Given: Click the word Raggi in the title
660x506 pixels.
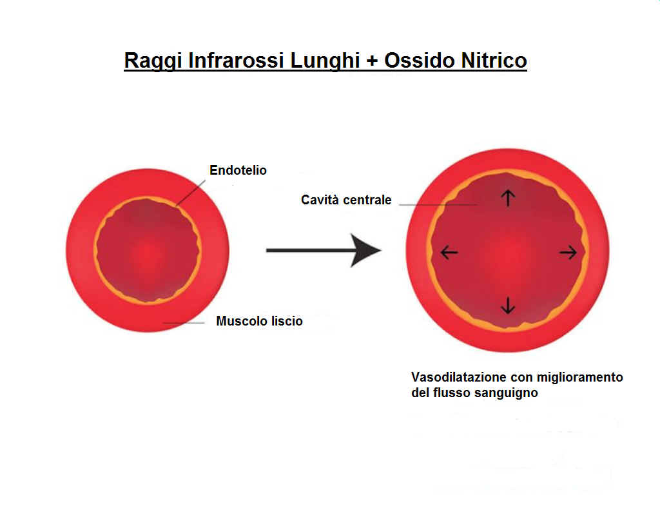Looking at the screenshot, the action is point(153,61).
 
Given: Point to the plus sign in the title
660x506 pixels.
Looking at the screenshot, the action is point(372,61).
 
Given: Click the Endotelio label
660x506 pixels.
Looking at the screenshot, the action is point(238,170).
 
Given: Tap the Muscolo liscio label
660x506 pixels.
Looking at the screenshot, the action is point(259,321).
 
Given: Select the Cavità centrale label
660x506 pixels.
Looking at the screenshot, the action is point(346,200).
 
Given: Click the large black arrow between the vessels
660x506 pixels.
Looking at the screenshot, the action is point(324,251).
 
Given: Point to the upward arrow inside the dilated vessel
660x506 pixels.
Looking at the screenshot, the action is point(508,198).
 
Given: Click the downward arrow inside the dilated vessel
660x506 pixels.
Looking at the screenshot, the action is point(508,306).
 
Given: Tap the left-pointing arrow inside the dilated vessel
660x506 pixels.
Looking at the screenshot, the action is point(449,253).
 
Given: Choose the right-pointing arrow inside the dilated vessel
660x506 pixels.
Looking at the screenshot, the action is point(568,253).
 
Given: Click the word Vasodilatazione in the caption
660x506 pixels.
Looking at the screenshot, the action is point(458,377).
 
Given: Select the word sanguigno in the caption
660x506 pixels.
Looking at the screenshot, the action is point(506,393).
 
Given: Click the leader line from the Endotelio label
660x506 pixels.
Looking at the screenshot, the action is point(191,193).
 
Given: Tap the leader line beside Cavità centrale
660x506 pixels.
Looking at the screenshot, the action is point(438,204).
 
